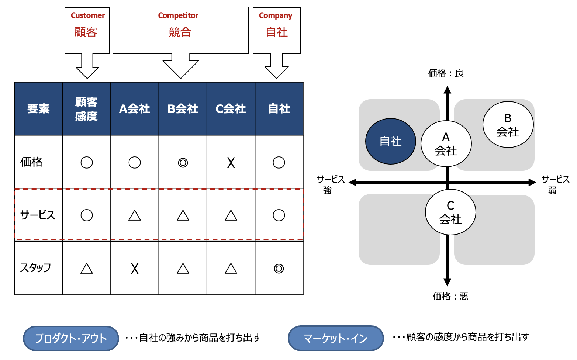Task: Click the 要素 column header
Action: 38,109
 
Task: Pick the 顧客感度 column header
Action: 86,109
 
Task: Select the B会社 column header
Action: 183,109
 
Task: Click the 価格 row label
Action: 32,162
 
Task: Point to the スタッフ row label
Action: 35,268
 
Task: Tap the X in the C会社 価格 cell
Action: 231,163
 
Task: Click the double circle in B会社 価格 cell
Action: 183,163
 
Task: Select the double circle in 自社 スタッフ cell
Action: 279,269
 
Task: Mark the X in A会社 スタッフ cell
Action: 135,269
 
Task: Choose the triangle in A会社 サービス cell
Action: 135,215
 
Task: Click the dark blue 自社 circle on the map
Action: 390,141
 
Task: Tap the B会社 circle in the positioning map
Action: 508,125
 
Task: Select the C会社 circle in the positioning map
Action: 450,212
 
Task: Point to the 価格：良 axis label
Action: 446,73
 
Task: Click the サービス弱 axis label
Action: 555,185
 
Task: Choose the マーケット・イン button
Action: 336,338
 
